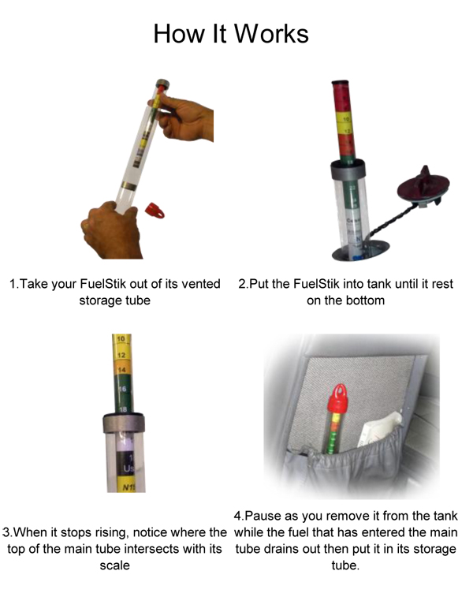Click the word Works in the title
tap(270, 33)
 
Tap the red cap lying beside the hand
tap(155, 210)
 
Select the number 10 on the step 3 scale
tap(121, 339)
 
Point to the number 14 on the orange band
tap(121, 369)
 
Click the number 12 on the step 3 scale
tap(121, 355)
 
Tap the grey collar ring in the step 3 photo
tap(124, 423)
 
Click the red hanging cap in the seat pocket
tap(338, 398)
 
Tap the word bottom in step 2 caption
tap(364, 300)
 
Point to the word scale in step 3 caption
tap(114, 565)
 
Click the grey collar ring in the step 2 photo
tap(348, 170)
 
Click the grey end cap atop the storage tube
tap(162, 84)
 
